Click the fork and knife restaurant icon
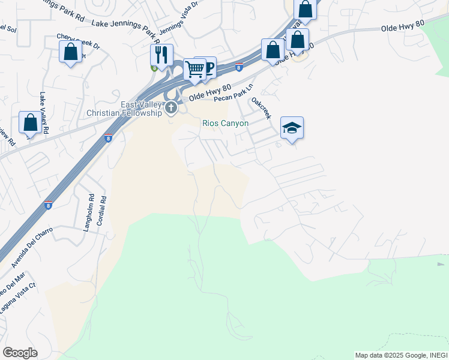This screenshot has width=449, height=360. click(x=161, y=55)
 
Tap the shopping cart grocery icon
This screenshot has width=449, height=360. click(x=194, y=69)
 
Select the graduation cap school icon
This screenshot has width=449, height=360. click(x=292, y=128)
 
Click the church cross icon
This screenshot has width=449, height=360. click(x=172, y=108)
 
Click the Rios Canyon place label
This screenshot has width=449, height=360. click(x=224, y=123)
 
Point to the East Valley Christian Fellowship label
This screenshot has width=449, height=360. click(x=124, y=109)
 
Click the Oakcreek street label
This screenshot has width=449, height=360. click(x=262, y=107)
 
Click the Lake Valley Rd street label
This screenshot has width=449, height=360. click(x=43, y=112)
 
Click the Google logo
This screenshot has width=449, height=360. click(x=20, y=353)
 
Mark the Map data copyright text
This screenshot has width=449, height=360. click(x=401, y=355)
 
